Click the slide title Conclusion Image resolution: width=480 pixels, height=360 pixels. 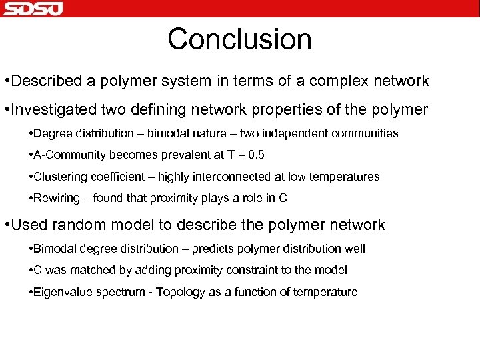tap(239, 39)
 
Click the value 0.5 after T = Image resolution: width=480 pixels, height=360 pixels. tap(255, 155)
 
